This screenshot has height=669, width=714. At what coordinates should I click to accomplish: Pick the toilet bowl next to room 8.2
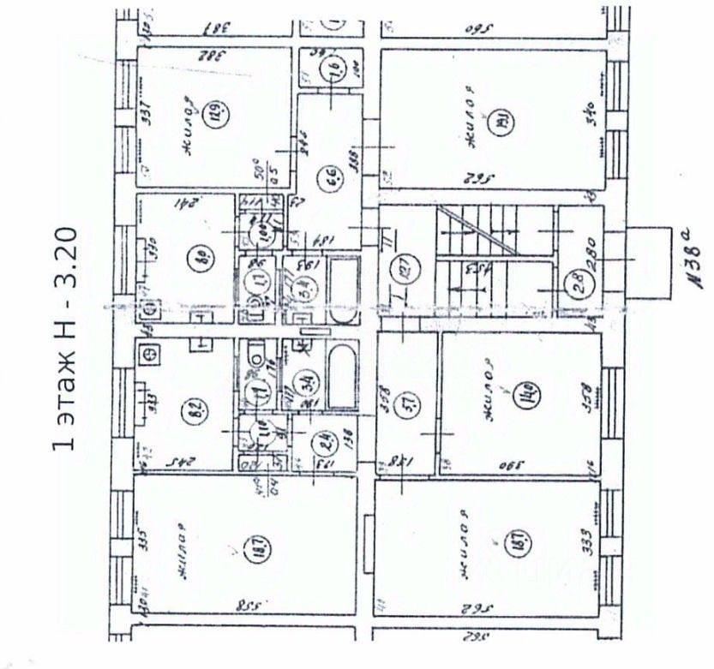255,355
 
